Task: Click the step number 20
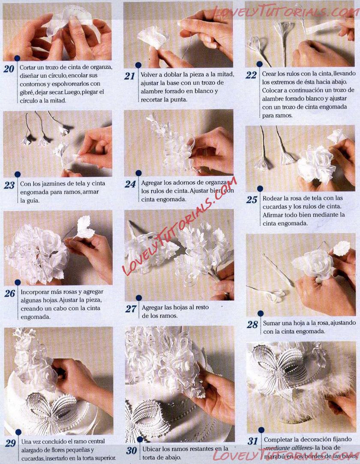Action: (x=9, y=69)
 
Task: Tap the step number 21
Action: (x=130, y=76)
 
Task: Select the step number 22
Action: (x=251, y=75)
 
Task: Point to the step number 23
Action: (x=9, y=185)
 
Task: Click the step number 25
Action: (x=252, y=200)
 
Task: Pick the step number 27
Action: (x=131, y=309)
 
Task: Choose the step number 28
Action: (x=252, y=325)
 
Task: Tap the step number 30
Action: (x=132, y=450)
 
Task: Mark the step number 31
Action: (x=252, y=441)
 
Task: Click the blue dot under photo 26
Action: (x=18, y=283)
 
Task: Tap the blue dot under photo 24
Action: (x=138, y=173)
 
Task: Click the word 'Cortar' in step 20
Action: (x=27, y=67)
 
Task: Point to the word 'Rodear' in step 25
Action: (x=271, y=198)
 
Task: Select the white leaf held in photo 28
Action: (x=341, y=248)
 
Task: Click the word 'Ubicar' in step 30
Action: (x=150, y=449)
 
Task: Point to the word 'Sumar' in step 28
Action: (x=270, y=323)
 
